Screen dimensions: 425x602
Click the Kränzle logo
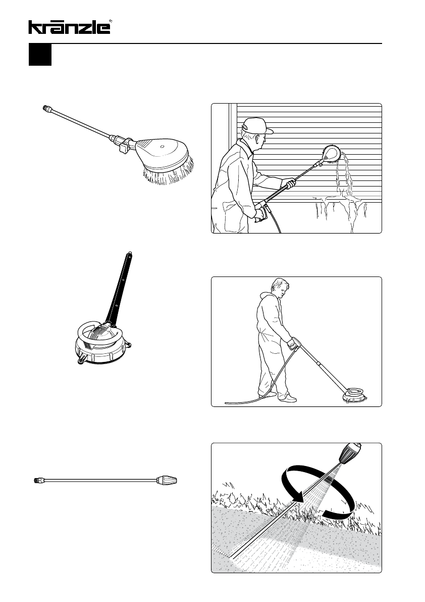pos(69,27)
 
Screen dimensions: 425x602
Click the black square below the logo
pos(40,55)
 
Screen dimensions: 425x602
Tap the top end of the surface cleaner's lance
pos(130,254)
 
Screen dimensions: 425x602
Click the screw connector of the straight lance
pos(37,480)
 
